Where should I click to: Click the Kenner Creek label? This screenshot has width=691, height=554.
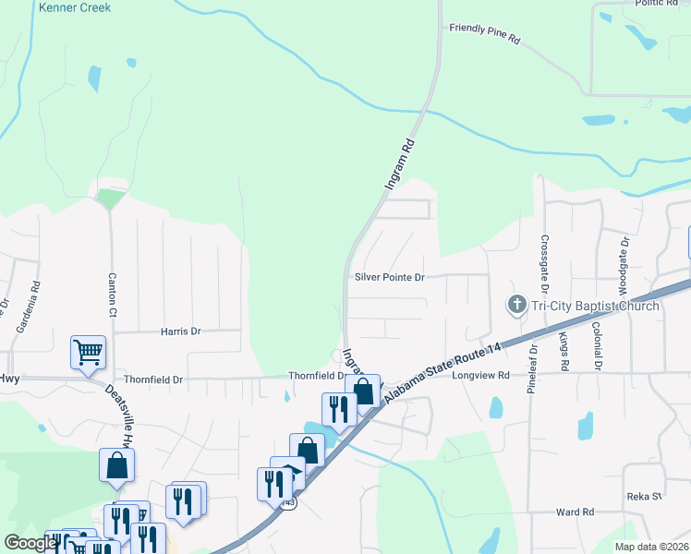[x=75, y=7]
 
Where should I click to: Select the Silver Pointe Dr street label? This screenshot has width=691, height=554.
[x=389, y=277]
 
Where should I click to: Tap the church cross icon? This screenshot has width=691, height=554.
[x=515, y=305]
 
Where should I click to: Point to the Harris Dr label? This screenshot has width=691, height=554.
[x=180, y=331]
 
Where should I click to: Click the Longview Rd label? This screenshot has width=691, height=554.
[x=480, y=375]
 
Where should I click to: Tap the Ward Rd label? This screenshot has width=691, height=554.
[x=574, y=512]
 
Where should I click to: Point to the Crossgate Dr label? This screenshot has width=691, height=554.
[x=544, y=253]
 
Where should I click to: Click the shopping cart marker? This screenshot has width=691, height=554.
[x=89, y=352]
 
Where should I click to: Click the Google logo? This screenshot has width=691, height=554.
[x=30, y=543]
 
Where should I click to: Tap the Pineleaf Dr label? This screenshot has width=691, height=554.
[x=532, y=368]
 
